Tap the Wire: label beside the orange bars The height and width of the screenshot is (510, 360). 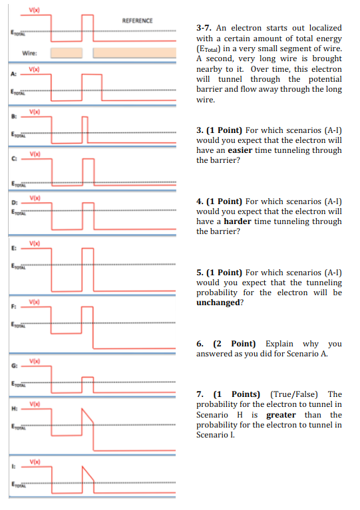29,53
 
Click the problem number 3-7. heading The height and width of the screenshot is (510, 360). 204,28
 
